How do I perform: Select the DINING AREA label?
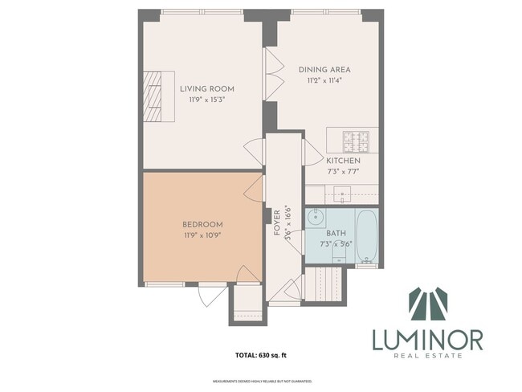pyautogui.click(x=324, y=70)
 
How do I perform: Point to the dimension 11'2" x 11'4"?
pyautogui.click(x=324, y=81)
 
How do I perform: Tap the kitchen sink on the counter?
pyautogui.click(x=343, y=194)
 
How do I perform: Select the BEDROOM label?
pyautogui.click(x=202, y=224)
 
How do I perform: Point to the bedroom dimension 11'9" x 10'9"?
pyautogui.click(x=202, y=235)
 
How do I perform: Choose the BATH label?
pyautogui.click(x=336, y=233)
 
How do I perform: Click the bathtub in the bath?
pyautogui.click(x=367, y=236)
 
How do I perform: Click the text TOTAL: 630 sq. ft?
pyautogui.click(x=261, y=354)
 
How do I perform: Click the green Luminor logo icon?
pyautogui.click(x=427, y=304)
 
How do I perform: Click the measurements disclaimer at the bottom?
pyautogui.click(x=261, y=381)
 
